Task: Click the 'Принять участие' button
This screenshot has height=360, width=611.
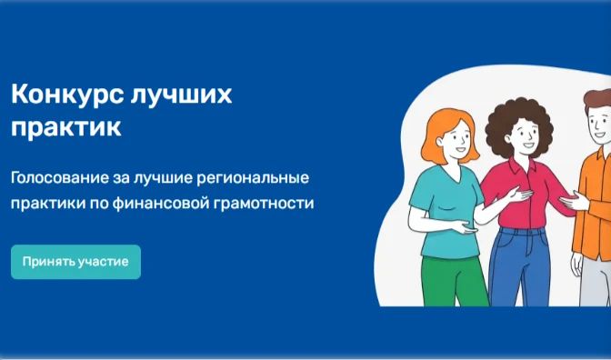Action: (x=75, y=262)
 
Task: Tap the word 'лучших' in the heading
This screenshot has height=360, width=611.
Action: (x=181, y=95)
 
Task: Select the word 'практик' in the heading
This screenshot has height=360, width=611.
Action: (x=65, y=127)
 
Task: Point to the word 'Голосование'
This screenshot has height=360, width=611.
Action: (x=60, y=177)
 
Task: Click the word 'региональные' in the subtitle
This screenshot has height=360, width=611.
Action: (x=252, y=179)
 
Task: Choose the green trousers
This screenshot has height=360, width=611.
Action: (x=454, y=281)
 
